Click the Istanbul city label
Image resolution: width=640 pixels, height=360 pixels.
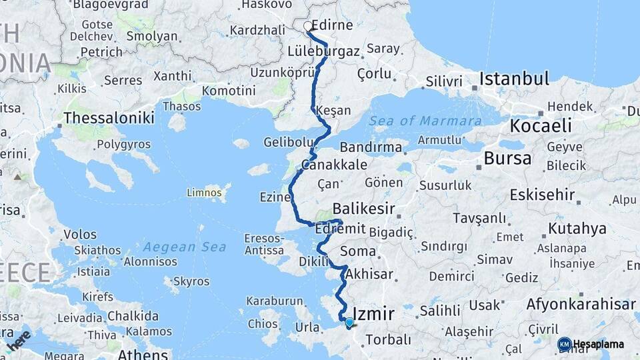(x=514, y=79)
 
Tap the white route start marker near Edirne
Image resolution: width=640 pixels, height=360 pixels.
(x=308, y=27)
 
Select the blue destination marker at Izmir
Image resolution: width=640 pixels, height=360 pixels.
(x=349, y=323)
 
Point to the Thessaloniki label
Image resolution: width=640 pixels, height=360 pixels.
(x=109, y=118)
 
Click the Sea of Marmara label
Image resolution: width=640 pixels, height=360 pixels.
(x=425, y=121)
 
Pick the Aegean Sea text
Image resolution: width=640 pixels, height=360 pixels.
(x=185, y=247)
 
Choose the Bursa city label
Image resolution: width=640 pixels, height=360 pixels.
(x=508, y=159)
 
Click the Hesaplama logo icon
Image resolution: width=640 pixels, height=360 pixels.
(x=564, y=344)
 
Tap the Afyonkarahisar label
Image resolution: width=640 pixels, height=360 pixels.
(x=581, y=304)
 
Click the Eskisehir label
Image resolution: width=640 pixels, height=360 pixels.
(x=542, y=195)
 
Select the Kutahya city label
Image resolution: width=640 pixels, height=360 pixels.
(x=577, y=229)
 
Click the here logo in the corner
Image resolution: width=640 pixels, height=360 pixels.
(x=18, y=339)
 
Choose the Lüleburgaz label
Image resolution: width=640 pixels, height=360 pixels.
(x=324, y=51)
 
